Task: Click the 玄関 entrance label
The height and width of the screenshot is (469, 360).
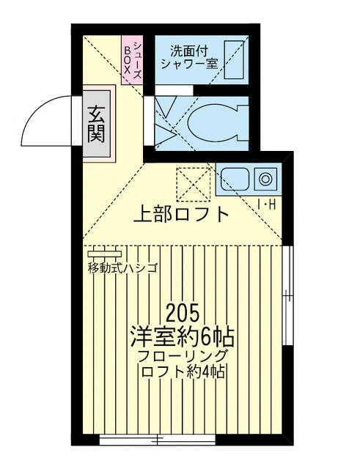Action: click(x=96, y=125)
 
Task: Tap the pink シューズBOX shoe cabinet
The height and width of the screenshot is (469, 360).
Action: click(x=132, y=60)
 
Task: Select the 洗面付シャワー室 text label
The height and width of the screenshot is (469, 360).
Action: click(x=189, y=57)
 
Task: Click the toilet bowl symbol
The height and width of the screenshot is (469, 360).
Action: click(x=212, y=123)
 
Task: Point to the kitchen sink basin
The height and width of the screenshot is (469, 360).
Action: click(x=235, y=179)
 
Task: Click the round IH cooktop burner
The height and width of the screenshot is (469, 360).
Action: click(x=265, y=179)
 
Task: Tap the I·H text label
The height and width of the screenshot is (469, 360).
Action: click(x=266, y=204)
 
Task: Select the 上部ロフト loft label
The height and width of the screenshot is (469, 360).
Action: click(x=181, y=214)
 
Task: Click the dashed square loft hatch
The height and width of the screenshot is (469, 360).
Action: click(x=194, y=184)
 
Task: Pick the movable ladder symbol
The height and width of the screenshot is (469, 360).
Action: click(x=105, y=254)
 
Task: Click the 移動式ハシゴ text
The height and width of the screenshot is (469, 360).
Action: click(x=122, y=268)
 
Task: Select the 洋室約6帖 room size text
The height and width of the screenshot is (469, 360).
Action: click(x=183, y=336)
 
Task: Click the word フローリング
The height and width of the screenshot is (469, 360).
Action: click(x=183, y=356)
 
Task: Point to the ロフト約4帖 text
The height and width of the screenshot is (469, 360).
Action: click(x=183, y=372)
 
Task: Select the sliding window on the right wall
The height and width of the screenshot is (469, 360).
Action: click(x=287, y=295)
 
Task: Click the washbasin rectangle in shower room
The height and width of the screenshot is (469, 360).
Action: click(x=234, y=60)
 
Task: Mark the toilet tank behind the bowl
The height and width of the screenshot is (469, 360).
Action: click(x=243, y=123)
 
